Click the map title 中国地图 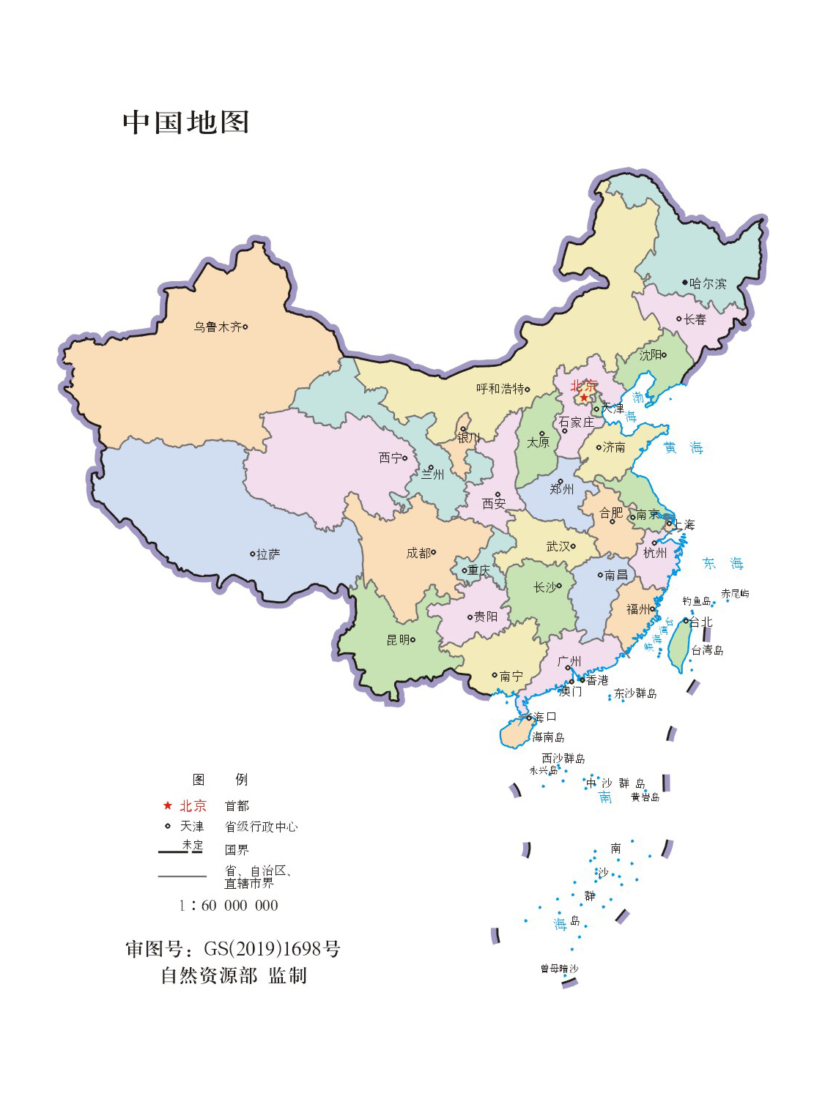coord(186,122)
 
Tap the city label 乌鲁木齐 coord(218,327)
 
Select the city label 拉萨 coord(268,554)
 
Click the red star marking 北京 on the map coord(584,398)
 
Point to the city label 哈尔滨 coord(708,283)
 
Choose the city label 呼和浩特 coord(500,389)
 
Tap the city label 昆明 coord(398,640)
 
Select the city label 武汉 coord(558,546)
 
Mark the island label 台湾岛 coord(707,650)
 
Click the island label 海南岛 coord(548,737)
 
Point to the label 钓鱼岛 coord(696,601)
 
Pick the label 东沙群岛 coord(635,693)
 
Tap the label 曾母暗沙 coord(559,969)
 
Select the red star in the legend coord(167,805)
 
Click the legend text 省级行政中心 coord(261,827)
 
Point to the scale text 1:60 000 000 coord(229,906)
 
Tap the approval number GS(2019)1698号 coord(271,949)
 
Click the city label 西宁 coord(390,458)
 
